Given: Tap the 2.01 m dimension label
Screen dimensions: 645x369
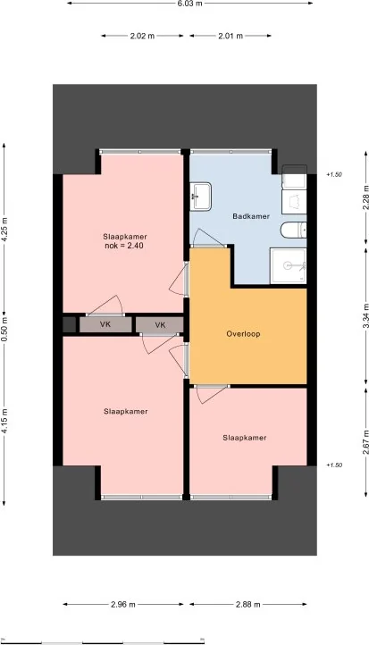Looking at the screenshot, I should click(231, 37).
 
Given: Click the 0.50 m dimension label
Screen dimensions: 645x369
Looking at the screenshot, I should click(4, 322).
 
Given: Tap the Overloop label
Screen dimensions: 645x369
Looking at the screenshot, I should click(242, 335).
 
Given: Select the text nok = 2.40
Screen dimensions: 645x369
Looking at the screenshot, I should click(123, 246).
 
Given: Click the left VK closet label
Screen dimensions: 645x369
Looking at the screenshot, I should click(105, 325).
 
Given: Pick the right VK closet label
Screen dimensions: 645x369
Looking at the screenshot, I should click(160, 325).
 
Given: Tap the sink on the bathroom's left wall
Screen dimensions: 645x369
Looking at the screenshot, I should click(200, 197).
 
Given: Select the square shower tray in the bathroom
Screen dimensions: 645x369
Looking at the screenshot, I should click(290, 265).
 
